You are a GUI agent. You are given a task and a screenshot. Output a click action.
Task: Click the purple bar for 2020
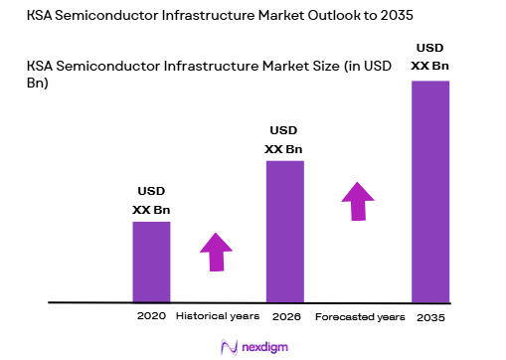tap(151, 261)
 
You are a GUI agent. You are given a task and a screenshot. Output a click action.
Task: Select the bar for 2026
tap(284, 230)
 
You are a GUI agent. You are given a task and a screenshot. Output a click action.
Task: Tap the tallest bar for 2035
tap(430, 190)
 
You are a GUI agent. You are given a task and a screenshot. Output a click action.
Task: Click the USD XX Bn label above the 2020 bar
tap(151, 201)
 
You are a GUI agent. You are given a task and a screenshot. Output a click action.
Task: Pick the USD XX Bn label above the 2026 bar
tap(283, 140)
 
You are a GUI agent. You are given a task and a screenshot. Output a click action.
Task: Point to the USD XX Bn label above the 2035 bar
tap(430, 55)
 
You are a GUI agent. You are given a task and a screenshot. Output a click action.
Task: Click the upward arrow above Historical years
tap(216, 251)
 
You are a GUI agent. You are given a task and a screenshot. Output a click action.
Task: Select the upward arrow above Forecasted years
tap(356, 200)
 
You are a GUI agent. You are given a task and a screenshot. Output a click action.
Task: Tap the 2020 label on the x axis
tap(151, 316)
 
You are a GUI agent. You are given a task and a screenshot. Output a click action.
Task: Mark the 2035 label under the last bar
tap(430, 316)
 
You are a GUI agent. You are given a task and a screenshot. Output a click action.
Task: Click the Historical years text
tap(218, 316)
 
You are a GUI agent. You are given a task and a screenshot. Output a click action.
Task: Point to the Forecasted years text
tap(360, 316)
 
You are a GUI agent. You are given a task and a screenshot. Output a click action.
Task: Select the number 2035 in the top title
tap(390, 17)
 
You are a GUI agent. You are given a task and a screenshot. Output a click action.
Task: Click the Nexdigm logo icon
tap(227, 346)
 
